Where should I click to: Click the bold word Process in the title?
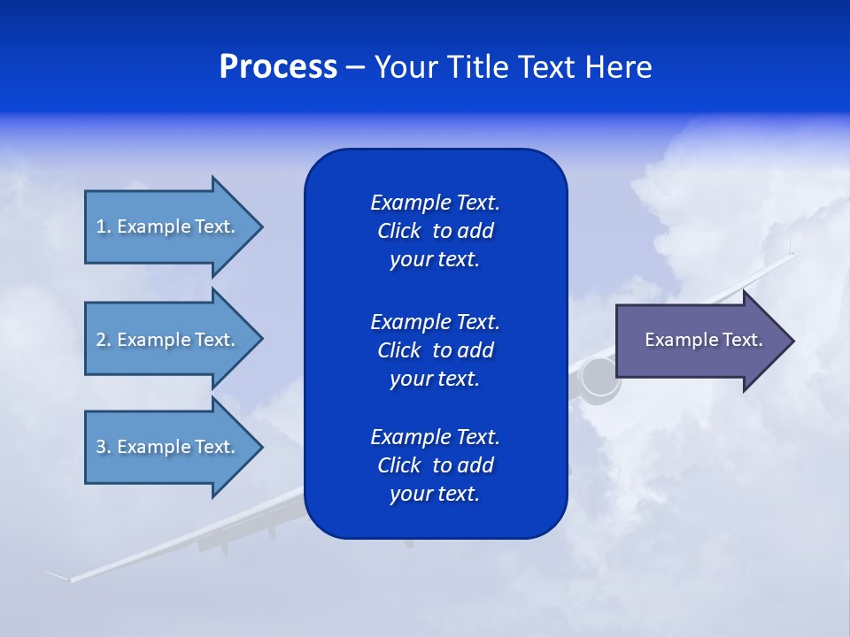pyautogui.click(x=278, y=67)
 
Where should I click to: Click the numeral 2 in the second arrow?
pyautogui.click(x=100, y=340)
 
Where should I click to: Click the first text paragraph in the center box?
pyautogui.click(x=435, y=231)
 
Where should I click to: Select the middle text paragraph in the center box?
pyautogui.click(x=435, y=350)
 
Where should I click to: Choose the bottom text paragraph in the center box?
pyautogui.click(x=435, y=465)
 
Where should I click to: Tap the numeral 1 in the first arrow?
pyautogui.click(x=100, y=226)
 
